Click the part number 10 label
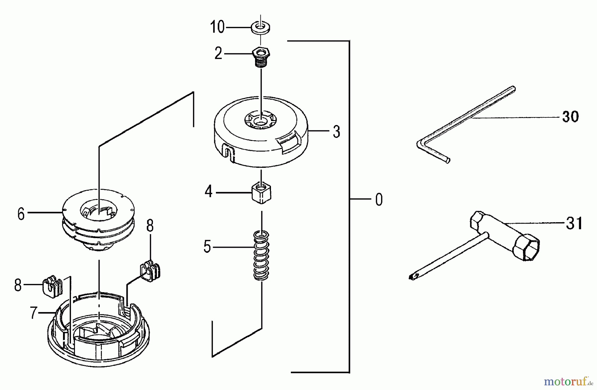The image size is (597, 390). (217, 27)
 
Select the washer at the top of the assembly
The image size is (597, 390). (260, 27)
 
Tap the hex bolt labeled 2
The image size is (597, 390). (261, 56)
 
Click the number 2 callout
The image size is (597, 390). (218, 53)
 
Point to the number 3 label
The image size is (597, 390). (336, 132)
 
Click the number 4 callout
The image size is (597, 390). (208, 192)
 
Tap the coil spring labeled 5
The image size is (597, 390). (261, 255)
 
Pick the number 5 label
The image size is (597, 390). (207, 247)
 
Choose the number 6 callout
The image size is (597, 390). (21, 214)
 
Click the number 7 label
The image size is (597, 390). (33, 313)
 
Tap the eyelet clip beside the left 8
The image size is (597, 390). (52, 285)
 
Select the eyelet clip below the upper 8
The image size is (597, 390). (151, 271)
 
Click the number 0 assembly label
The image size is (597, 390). (379, 200)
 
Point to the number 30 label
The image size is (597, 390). (570, 117)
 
